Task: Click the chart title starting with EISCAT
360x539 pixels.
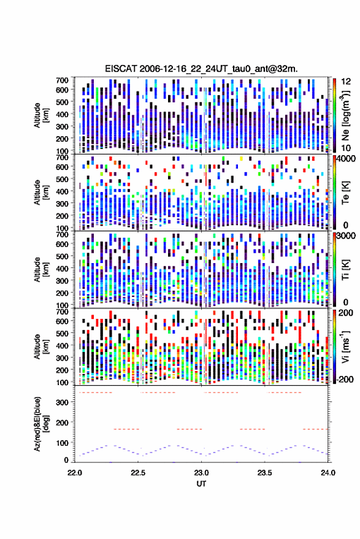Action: pyautogui.click(x=201, y=69)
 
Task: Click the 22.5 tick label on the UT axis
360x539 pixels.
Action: pyautogui.click(x=138, y=473)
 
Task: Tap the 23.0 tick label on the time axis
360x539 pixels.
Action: pyautogui.click(x=202, y=473)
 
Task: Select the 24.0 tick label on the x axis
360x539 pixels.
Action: pyautogui.click(x=328, y=473)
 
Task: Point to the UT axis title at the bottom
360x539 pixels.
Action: pyautogui.click(x=202, y=484)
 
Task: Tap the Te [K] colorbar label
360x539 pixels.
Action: pyautogui.click(x=345, y=193)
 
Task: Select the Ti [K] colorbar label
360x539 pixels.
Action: pyautogui.click(x=345, y=270)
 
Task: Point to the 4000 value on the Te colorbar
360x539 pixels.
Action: pyautogui.click(x=347, y=159)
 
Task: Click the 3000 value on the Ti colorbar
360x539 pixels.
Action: pyautogui.click(x=347, y=236)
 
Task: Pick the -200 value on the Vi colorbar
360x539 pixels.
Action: pyautogui.click(x=344, y=379)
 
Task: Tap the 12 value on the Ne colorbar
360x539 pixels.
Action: pyautogui.click(x=346, y=82)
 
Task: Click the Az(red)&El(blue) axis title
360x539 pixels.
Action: pyautogui.click(x=42, y=424)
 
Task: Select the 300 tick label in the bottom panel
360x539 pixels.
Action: pyautogui.click(x=62, y=402)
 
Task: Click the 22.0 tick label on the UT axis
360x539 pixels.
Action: pyautogui.click(x=75, y=473)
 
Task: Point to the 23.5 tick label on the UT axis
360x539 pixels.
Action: pyautogui.click(x=265, y=473)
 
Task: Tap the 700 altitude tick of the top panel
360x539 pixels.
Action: pyautogui.click(x=62, y=80)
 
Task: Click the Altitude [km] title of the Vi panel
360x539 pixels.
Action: pyautogui.click(x=42, y=346)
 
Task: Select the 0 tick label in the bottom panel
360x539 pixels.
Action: pyautogui.click(x=66, y=460)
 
